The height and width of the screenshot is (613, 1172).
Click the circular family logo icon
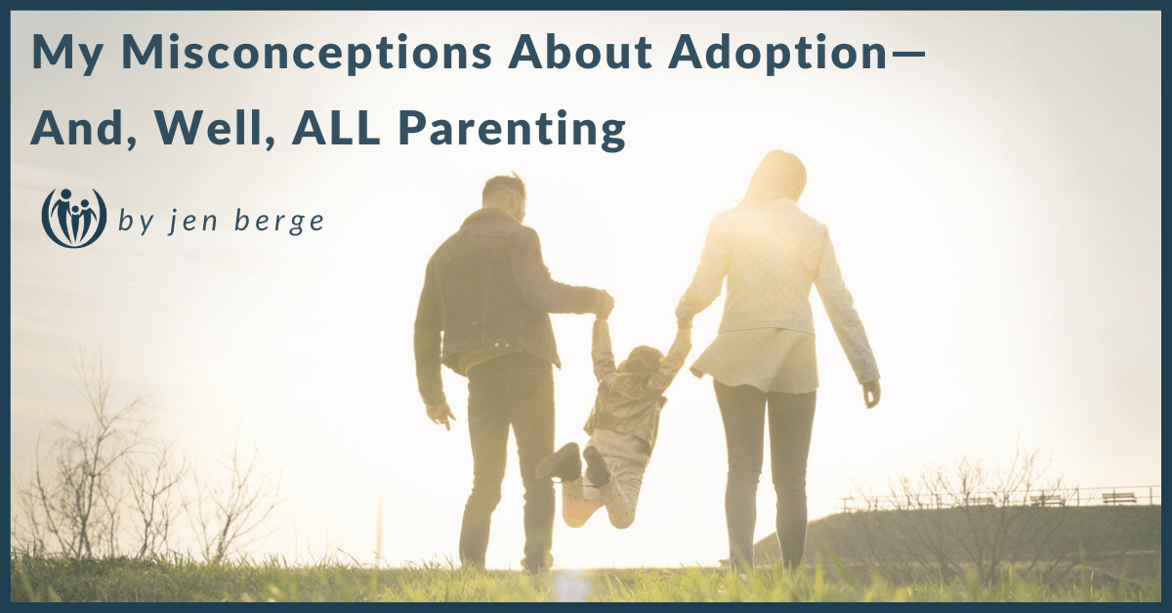pyautogui.click(x=74, y=219)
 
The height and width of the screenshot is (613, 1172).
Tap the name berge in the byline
pyautogui.click(x=279, y=223)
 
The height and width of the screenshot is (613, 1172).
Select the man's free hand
pyautogui.click(x=441, y=414)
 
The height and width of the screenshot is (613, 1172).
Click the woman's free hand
pyautogui.click(x=870, y=392)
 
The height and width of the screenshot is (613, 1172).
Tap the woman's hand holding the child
pyautogui.click(x=683, y=315)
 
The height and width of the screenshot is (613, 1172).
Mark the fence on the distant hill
pyautogui.click(x=996, y=499)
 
